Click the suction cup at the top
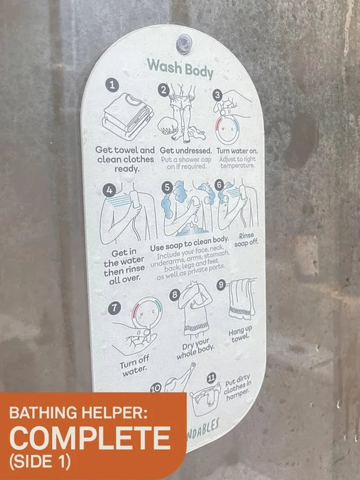[x=184, y=43]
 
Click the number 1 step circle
[x=112, y=86]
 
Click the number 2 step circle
[x=163, y=90]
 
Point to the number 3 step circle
[x=217, y=95]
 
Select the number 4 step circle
[x=108, y=190]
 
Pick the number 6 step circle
[x=219, y=184]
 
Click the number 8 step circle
[x=176, y=296]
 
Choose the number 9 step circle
[x=221, y=284]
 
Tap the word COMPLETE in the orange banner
[x=89, y=437]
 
